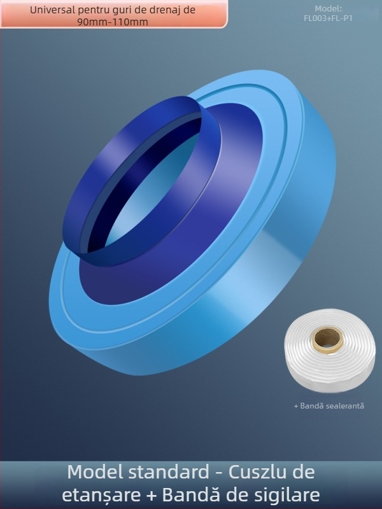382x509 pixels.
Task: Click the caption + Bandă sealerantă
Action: pos(329,405)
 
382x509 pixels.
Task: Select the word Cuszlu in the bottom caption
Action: pos(258,473)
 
